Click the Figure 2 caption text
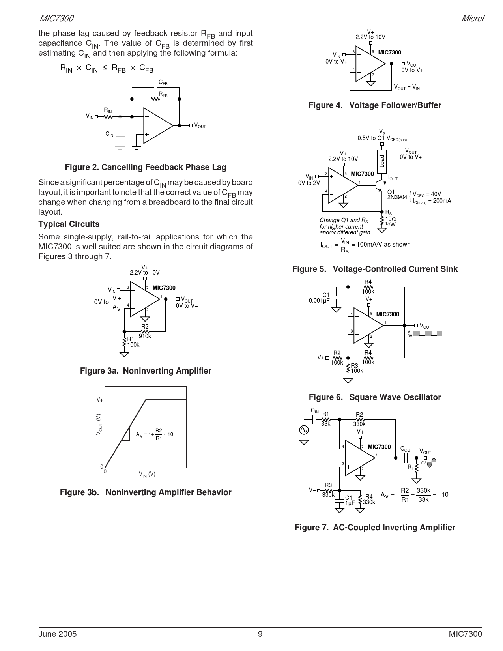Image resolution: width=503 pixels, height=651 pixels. [146, 167]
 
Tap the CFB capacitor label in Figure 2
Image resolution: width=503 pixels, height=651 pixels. [163, 83]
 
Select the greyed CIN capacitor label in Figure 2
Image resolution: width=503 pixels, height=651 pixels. [109, 134]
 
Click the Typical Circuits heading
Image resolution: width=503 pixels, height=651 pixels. [69, 224]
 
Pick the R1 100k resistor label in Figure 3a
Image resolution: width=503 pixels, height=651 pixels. [133, 342]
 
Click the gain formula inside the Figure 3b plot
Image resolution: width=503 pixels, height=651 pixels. [154, 434]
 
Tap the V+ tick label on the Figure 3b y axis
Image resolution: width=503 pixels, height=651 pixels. [100, 400]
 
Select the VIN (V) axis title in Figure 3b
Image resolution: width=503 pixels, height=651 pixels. [147, 474]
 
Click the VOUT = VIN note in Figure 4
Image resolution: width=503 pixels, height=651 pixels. [407, 88]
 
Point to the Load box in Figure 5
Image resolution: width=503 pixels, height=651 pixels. [381, 161]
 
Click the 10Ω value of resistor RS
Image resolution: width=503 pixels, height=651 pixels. [390, 219]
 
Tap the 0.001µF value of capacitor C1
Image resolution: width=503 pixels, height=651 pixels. [319, 301]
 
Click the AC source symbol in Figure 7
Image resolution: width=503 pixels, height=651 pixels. [304, 430]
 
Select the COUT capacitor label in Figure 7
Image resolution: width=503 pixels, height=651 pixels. [406, 449]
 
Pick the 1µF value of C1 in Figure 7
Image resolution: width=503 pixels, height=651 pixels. [350, 503]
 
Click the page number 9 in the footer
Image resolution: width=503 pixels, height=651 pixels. [260, 634]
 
